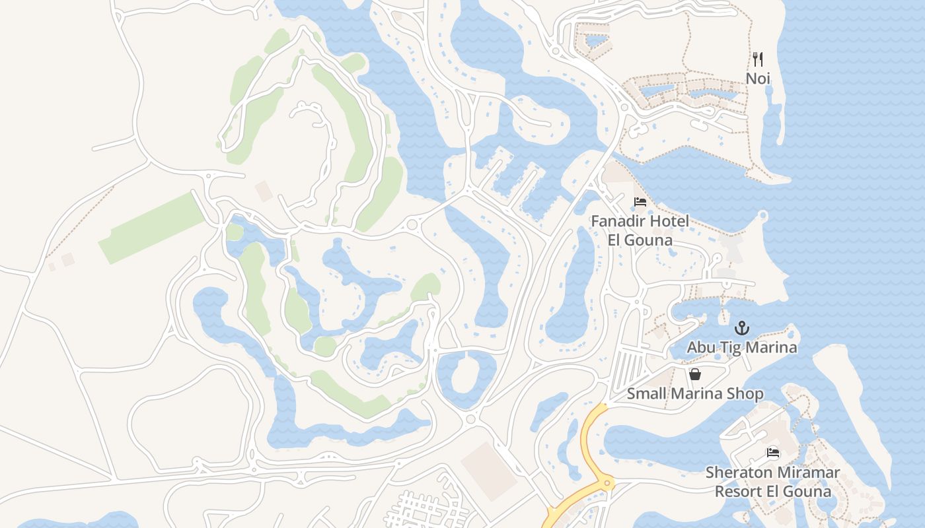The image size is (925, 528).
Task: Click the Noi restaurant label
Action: pos(758,79)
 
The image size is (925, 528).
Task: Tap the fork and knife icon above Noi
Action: pos(758,59)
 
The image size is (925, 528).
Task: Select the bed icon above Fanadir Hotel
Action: pos(640,202)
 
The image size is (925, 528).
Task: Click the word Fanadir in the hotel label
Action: pos(617,221)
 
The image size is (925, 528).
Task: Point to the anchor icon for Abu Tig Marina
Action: pos(742,328)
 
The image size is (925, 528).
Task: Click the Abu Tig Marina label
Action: pos(742,347)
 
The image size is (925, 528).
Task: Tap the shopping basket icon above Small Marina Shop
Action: pos(695,375)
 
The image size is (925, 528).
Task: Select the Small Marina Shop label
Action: pos(695,394)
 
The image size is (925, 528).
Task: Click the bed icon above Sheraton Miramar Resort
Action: pos(772,453)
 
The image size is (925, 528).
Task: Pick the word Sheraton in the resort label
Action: pos(736,473)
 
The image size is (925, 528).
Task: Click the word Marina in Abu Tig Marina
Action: pos(769,347)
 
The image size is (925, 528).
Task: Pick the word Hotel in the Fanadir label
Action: pos(668,221)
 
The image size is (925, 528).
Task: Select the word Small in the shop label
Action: pos(647,394)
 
